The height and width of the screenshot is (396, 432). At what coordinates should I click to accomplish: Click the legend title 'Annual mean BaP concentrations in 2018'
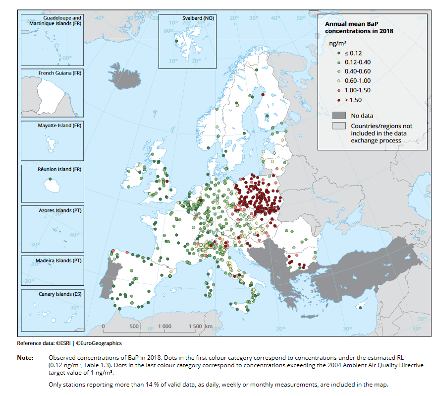coord(359,27)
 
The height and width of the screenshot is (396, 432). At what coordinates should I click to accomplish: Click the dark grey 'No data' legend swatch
coord(338,116)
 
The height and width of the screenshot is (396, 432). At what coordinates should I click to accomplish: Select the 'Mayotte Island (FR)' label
coord(59,126)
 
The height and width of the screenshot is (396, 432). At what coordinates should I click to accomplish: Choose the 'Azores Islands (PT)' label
coord(60,210)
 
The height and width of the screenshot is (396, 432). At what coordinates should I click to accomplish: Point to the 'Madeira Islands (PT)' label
coord(59,260)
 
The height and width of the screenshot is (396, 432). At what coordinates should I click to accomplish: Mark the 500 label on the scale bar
coord(134,326)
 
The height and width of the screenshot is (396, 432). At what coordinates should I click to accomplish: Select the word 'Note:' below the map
coord(25,357)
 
